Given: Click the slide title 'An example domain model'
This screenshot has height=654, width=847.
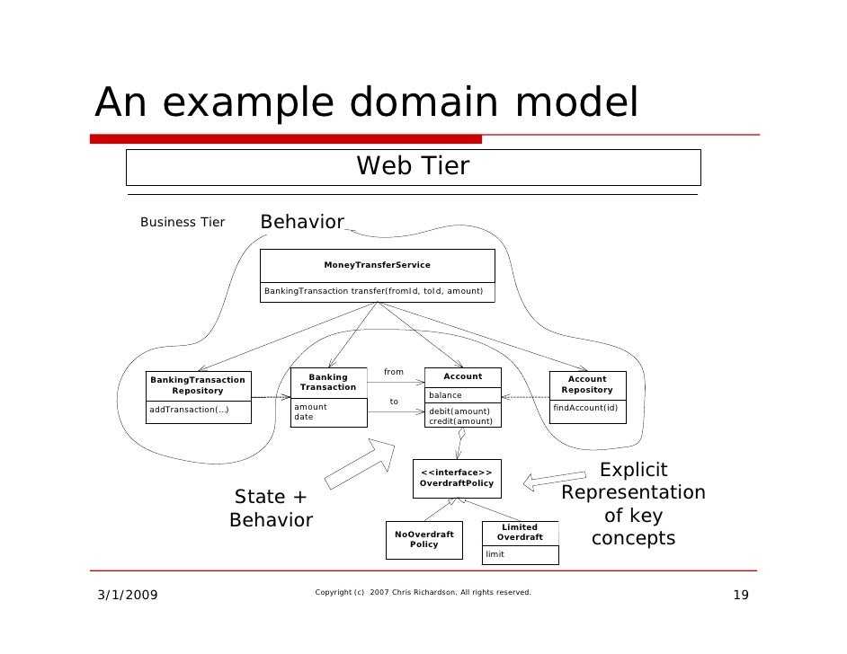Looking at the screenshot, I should pos(366,104).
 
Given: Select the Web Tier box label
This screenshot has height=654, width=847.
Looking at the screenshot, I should pos(413,167).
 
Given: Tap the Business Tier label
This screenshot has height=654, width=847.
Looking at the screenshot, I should pos(183,223).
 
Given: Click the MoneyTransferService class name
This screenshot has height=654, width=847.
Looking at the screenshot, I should pos(377,265).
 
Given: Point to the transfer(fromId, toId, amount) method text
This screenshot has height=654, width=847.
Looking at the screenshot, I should pos(373,291).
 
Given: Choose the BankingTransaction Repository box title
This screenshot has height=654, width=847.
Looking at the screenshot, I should pos(198,385).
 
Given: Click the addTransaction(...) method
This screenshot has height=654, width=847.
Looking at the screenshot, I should pos(189,410).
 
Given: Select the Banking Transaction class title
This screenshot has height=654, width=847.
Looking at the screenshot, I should pos(328,382).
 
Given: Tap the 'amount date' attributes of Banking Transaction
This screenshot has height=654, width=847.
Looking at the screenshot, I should pos(311,411).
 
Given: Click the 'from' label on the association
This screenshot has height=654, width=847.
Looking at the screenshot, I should pos(394,372).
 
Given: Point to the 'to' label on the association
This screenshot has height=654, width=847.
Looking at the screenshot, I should pos(394,402).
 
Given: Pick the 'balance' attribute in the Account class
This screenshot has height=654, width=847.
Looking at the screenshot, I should pos(446,395).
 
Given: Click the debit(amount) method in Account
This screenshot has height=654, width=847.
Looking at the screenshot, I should pos(459,411).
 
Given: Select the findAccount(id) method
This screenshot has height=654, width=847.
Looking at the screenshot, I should pos(585,408).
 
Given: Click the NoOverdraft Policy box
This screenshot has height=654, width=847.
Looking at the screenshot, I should pos(424,539).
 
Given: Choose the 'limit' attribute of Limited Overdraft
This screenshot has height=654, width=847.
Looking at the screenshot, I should pos(495,554).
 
